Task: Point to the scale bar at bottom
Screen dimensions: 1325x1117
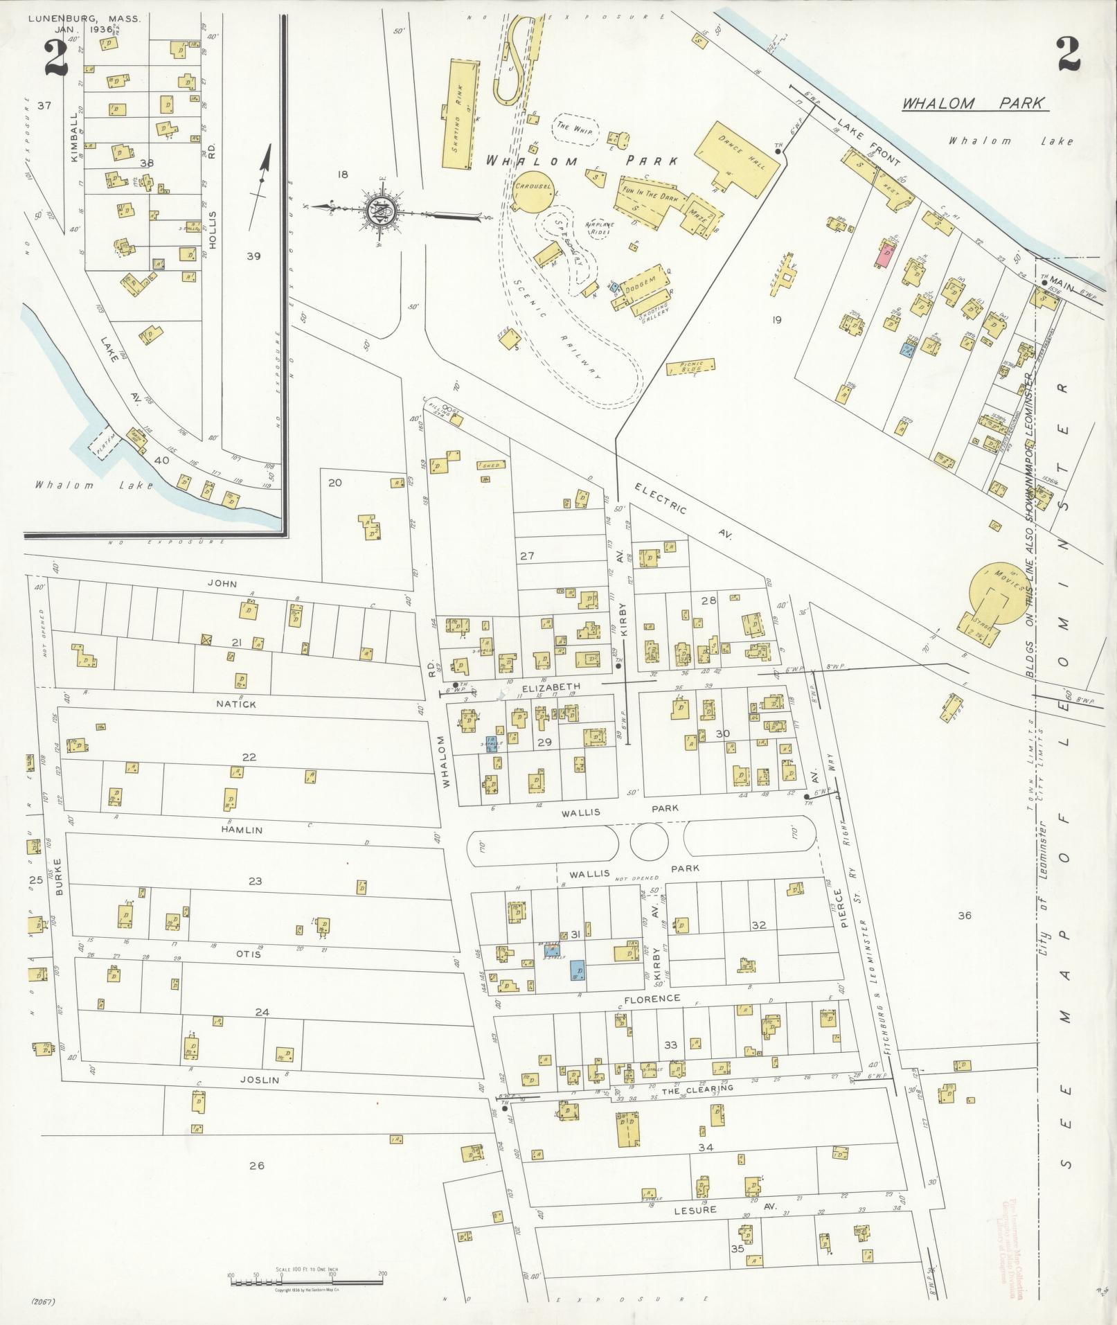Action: pyautogui.click(x=306, y=1276)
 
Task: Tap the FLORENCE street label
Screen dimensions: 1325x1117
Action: pyautogui.click(x=652, y=999)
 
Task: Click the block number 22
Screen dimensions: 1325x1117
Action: pyautogui.click(x=249, y=757)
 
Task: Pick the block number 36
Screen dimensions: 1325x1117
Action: pyautogui.click(x=964, y=915)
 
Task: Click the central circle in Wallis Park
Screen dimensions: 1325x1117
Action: pyautogui.click(x=650, y=839)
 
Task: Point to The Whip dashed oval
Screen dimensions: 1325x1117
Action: pyautogui.click(x=574, y=130)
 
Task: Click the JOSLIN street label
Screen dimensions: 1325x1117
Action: pyautogui.click(x=260, y=1079)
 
